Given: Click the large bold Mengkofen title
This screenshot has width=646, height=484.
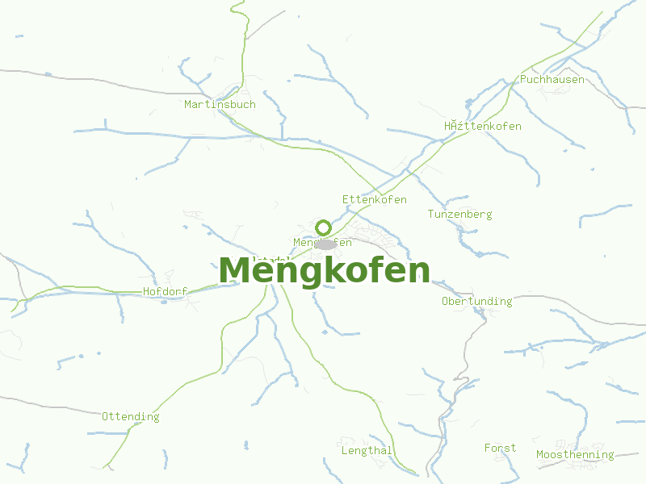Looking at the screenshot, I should [324, 271].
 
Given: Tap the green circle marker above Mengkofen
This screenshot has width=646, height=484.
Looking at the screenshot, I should [324, 227].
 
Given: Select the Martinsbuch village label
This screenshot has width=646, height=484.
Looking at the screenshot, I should [220, 104].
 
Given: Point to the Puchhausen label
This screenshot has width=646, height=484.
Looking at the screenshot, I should [552, 80].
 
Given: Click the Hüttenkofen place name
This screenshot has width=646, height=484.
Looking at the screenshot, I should [482, 126].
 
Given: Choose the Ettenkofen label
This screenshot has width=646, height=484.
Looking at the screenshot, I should [374, 199].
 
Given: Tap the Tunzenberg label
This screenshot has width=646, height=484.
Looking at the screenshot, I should [459, 214].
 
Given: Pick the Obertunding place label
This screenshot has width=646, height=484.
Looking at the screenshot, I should [476, 301].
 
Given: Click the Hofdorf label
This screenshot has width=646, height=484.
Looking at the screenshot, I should [165, 291].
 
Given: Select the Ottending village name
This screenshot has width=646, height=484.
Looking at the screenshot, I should [130, 416].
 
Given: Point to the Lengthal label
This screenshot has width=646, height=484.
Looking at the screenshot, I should [367, 450].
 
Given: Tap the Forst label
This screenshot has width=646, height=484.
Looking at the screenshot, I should [500, 448].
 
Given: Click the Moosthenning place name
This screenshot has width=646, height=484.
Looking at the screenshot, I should [575, 455].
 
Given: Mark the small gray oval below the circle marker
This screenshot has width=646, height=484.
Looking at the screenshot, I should [325, 244].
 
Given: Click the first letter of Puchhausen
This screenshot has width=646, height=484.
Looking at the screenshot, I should [523, 80].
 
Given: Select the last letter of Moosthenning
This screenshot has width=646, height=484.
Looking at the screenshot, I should [610, 456].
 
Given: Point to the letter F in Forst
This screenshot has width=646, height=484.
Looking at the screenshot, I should [488, 448].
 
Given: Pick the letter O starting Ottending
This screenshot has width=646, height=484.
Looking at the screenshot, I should [105, 416].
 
